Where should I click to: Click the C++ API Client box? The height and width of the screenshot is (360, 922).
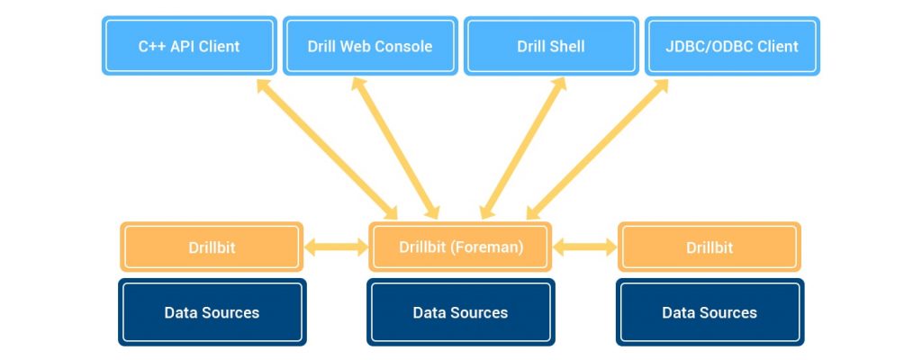point(189,46)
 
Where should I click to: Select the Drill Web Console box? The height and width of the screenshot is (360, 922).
point(370,46)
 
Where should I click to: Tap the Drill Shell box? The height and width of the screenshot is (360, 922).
point(551,46)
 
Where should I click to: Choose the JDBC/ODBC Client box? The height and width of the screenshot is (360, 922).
point(733,46)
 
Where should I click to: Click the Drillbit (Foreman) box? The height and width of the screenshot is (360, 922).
point(460,247)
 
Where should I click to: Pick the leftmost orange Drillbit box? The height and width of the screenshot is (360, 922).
point(212,247)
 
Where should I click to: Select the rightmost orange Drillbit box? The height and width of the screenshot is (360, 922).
point(710,247)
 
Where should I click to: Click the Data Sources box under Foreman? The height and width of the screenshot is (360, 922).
point(460,312)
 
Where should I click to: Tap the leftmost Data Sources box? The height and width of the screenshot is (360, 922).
point(212,312)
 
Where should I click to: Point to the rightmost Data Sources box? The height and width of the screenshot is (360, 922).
point(710,312)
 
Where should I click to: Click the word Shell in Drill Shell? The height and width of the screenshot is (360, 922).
point(566,46)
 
